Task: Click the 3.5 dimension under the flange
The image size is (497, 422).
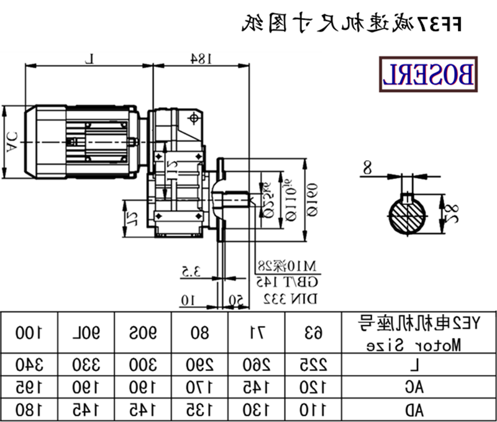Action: (x=189, y=271)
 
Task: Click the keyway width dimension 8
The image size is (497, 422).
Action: (x=367, y=166)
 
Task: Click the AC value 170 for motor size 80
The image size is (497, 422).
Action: (x=200, y=387)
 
